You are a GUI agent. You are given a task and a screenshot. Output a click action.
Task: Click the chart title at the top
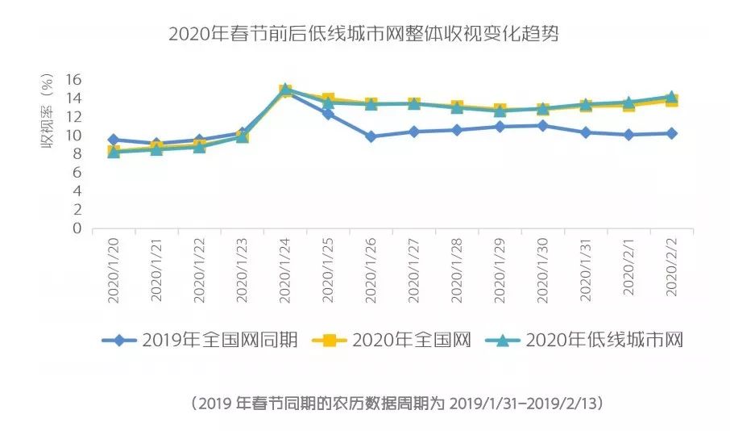point(364,35)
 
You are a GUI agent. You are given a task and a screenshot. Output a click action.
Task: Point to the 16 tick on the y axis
point(74,79)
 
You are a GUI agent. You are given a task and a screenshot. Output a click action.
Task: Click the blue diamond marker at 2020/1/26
point(371,136)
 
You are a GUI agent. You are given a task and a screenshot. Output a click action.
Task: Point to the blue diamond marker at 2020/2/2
point(672,133)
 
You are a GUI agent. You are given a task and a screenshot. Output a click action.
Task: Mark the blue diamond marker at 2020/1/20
point(113,140)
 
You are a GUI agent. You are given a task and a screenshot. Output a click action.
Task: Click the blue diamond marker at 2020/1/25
point(328,114)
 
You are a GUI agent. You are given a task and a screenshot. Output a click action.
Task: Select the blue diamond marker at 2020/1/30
point(543,126)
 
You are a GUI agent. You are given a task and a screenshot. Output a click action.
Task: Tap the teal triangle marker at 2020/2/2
point(672,97)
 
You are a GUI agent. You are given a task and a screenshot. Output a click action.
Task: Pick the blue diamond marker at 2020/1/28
point(457,130)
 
